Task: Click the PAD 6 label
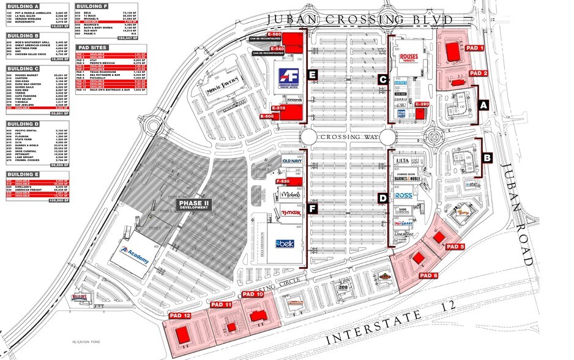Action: pyautogui.click(x=428, y=275)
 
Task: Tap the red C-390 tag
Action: pyautogui.click(x=422, y=105)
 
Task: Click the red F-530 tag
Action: pyautogui.click(x=283, y=181)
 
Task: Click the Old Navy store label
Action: pyautogui.click(x=292, y=161)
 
